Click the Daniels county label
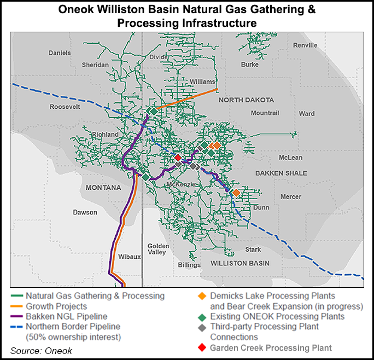[x=60, y=53]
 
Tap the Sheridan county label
[x=96, y=65]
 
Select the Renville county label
[x=305, y=45]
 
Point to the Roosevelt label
[x=65, y=107]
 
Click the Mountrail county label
[x=265, y=113]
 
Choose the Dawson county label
[x=85, y=212]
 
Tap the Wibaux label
[x=130, y=255]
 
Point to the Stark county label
[x=253, y=249]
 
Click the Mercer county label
[x=290, y=196]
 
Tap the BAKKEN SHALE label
[x=281, y=173]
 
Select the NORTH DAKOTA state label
[x=246, y=100]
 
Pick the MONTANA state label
[x=103, y=188]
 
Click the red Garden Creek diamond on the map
[x=178, y=158]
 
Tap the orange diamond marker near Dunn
[x=236, y=193]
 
